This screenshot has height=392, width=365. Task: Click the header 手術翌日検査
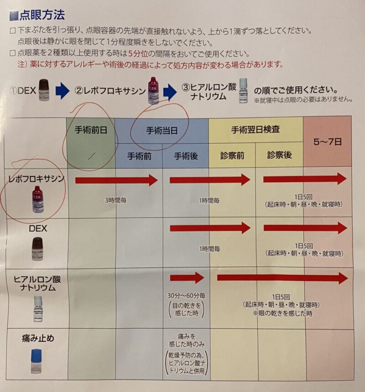255,130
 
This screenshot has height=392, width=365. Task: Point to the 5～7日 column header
327,141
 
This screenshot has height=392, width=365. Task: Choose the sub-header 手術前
139,156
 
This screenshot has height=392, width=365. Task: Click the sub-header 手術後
186,156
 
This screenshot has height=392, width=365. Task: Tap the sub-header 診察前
232,156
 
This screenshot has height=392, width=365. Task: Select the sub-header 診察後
279,155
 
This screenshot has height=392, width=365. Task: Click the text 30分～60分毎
186,295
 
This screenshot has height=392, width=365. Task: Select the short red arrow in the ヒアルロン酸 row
187,277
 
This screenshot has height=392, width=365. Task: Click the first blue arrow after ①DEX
62,91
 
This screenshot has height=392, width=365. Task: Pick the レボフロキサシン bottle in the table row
38,200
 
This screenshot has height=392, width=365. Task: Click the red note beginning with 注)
150,64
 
